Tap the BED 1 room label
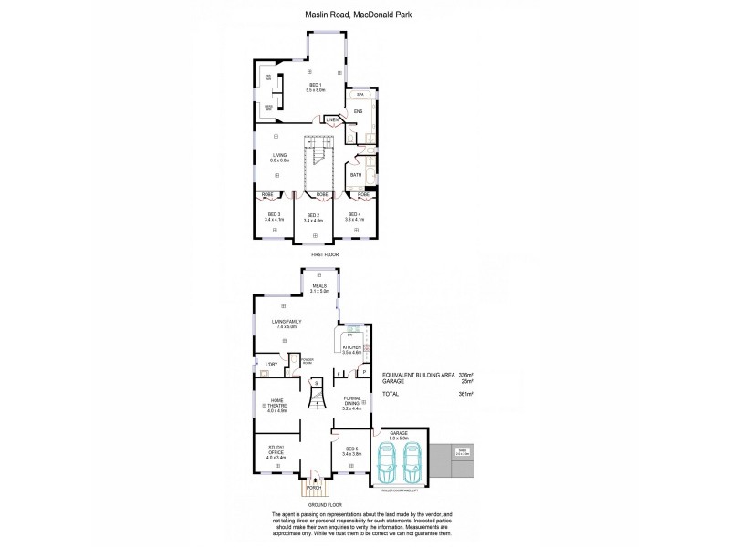coord(315,85)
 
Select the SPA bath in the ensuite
coord(361,95)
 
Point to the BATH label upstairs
coord(356,175)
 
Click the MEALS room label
coord(318,285)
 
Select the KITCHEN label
coord(352,347)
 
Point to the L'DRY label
coord(271,366)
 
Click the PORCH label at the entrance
coord(313,488)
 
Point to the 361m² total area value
coord(465,394)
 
